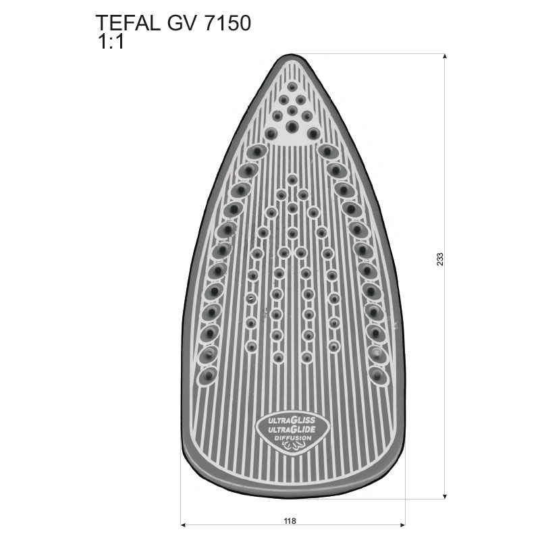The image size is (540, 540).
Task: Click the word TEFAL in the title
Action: pos(128,24)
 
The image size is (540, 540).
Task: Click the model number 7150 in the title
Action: pos(227,24)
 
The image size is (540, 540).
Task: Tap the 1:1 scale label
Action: pos(111,43)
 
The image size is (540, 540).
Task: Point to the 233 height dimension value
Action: pos(440,259)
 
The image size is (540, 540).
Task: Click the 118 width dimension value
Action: pos(290,521)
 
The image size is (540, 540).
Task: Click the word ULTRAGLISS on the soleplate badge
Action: pos(292,420)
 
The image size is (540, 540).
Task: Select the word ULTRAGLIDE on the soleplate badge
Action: pos(292,429)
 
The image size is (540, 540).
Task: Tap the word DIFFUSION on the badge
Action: pos(293,438)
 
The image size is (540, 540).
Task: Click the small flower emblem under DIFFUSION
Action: pos(293,446)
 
